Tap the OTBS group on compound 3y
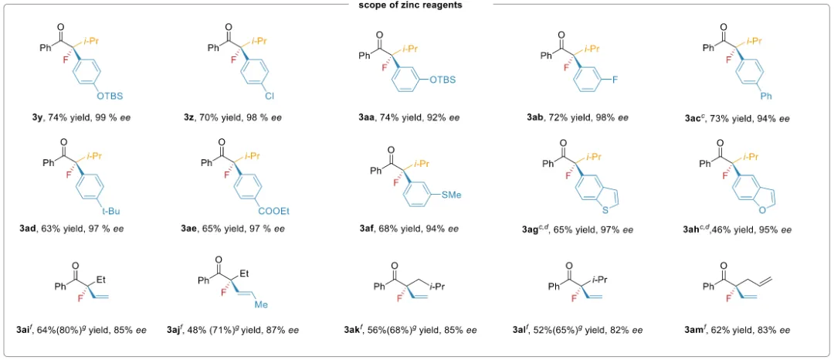click(109, 96)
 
